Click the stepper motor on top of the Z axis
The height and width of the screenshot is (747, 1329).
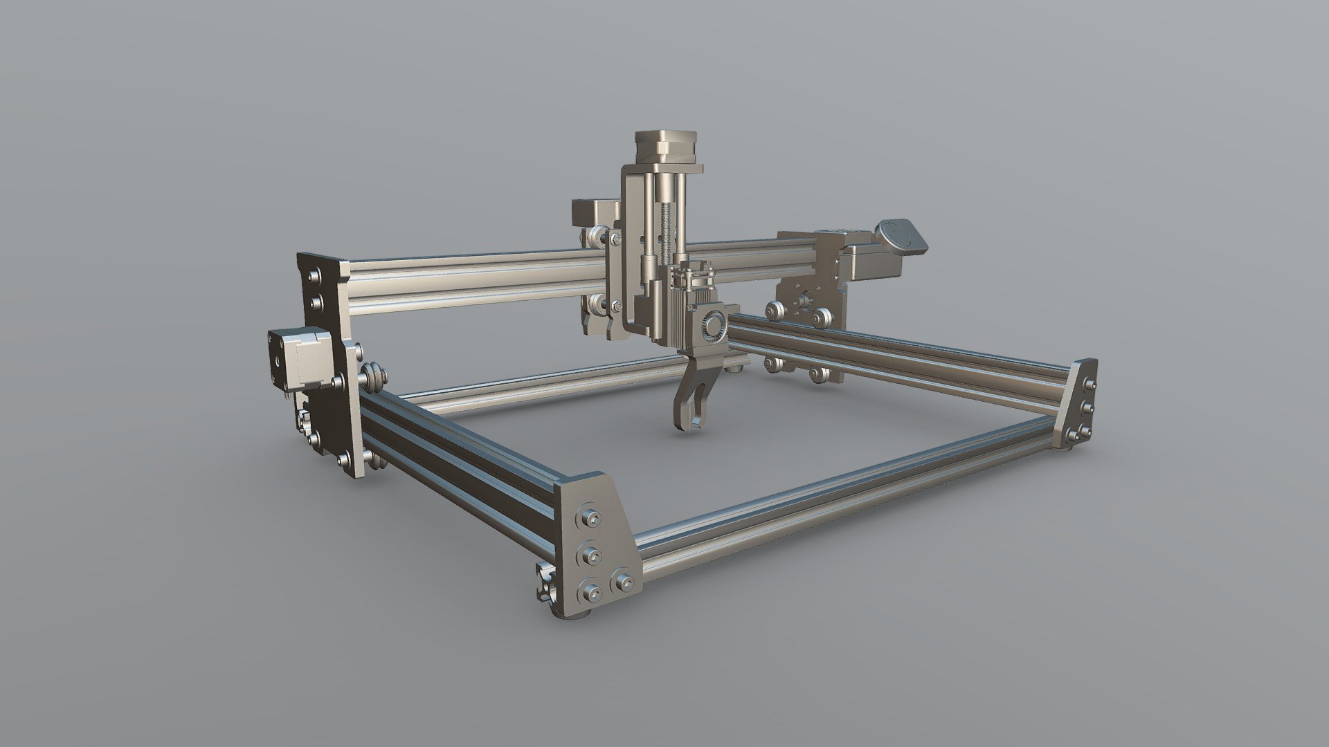[x=667, y=147]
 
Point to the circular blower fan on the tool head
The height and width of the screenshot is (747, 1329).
[x=713, y=325]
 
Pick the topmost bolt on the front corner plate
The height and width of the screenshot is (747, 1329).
[x=590, y=518]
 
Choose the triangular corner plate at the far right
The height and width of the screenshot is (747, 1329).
[x=1077, y=405]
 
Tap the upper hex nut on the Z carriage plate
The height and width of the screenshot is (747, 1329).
[x=615, y=239]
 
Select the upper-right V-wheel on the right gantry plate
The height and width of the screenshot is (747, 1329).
[x=821, y=317]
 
